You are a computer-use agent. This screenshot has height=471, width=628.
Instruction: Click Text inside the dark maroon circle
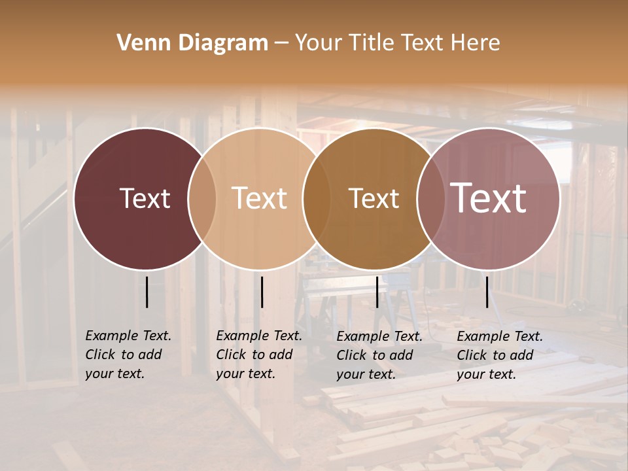[x=145, y=198]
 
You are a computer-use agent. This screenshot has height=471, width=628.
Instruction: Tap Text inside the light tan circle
[x=259, y=198]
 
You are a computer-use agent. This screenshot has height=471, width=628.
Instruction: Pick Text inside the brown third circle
[x=374, y=198]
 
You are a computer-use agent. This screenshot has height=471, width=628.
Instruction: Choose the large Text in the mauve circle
[x=488, y=198]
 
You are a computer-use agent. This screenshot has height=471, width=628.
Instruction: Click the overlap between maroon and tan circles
[x=202, y=198]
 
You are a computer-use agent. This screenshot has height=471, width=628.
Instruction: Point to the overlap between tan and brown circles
[x=317, y=198]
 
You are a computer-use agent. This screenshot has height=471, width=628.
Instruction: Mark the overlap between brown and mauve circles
[x=430, y=198]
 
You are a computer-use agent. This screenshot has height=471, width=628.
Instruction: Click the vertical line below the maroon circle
[x=147, y=292]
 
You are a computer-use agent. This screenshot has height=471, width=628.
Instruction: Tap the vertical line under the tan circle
[x=262, y=292]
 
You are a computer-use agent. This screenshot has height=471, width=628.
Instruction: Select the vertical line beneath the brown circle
[x=377, y=292]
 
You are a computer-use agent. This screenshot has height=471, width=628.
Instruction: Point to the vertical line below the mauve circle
[x=487, y=292]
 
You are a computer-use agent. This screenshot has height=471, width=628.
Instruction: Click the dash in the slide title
[x=281, y=43]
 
